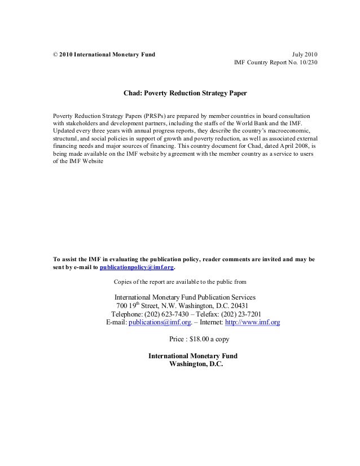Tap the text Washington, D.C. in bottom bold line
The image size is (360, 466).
(193, 364)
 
